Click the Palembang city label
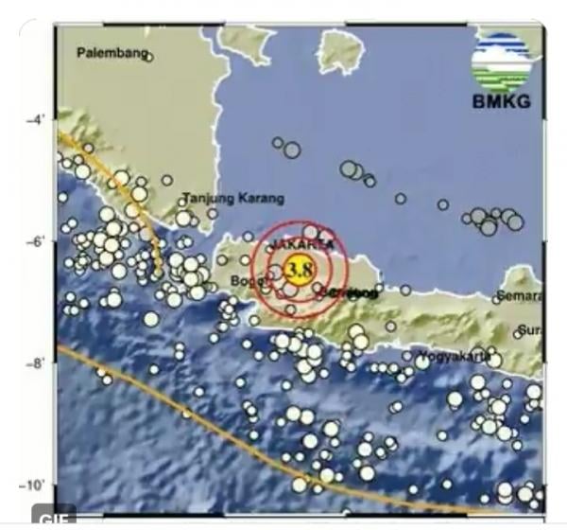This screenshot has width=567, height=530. [112, 53]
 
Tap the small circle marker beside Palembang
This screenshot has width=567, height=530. [149, 57]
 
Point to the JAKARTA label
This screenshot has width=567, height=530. [301, 245]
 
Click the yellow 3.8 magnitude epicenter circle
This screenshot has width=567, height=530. [299, 270]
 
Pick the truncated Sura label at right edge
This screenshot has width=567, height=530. [531, 331]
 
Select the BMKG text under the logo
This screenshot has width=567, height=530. [501, 102]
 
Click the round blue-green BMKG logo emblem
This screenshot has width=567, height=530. [502, 62]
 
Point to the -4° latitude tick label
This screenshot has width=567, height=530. [35, 121]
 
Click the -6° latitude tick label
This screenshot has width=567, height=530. [35, 242]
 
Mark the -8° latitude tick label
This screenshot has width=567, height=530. [35, 363]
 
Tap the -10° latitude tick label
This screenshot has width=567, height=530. [33, 486]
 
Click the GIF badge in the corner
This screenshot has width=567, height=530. [53, 517]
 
